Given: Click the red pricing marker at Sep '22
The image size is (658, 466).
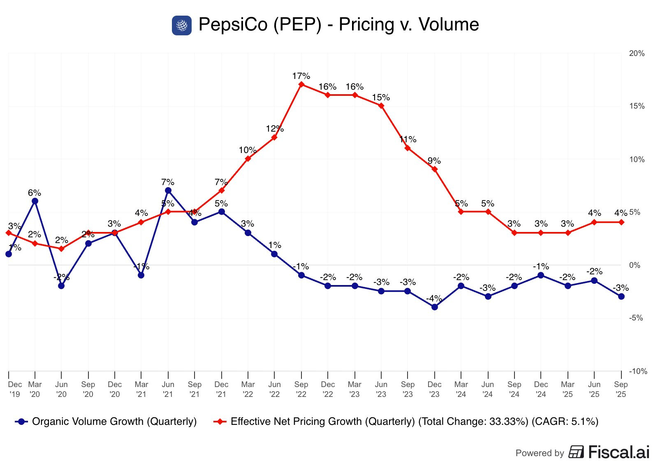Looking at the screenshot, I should (x=301, y=84).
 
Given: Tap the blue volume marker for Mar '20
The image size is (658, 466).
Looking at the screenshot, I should (x=35, y=201).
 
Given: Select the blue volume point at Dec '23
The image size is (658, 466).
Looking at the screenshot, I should (x=435, y=307).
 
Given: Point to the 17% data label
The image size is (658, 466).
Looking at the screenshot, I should (x=301, y=76).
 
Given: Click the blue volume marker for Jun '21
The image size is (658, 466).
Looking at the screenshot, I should (x=168, y=190).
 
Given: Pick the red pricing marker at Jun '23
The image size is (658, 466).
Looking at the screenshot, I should (x=381, y=106).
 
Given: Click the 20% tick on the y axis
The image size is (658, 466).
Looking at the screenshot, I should (x=637, y=53).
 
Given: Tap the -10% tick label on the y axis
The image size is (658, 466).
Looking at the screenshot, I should (x=638, y=371).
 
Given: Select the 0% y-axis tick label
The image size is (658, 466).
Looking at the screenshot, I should (x=635, y=265).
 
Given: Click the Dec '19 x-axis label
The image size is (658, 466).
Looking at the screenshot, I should (x=15, y=389).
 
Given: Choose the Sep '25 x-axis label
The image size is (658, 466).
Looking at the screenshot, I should (x=621, y=389).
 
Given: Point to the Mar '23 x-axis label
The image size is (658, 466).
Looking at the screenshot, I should (x=354, y=389).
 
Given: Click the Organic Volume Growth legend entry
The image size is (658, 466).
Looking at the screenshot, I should (x=106, y=422).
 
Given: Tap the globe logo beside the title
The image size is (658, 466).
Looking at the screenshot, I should (x=181, y=26).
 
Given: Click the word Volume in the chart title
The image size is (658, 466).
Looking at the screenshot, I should (x=449, y=25).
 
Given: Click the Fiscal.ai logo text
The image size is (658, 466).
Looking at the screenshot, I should (x=619, y=452).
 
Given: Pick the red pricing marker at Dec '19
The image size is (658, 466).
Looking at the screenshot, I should (x=9, y=233).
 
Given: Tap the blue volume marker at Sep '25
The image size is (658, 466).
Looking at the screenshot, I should (x=621, y=297).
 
